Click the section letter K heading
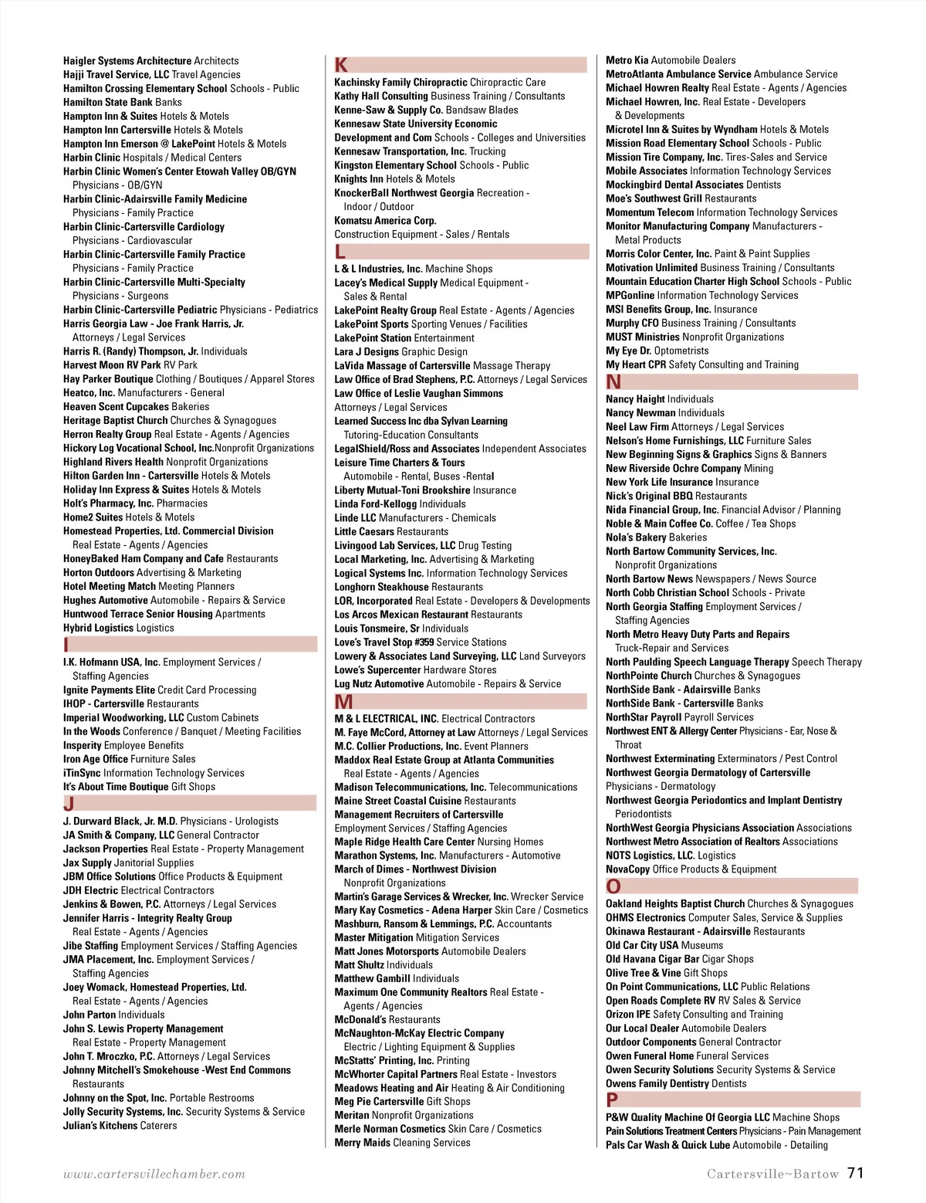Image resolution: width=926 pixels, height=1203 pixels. click(x=341, y=65)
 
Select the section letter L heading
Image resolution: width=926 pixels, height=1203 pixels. click(x=340, y=252)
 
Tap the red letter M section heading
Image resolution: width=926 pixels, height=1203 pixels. click(x=343, y=701)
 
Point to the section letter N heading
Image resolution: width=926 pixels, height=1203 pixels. click(x=613, y=381)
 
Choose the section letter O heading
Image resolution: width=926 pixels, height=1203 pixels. click(x=613, y=886)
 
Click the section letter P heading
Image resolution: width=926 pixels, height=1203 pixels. click(x=612, y=1100)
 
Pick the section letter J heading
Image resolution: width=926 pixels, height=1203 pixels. click(x=69, y=804)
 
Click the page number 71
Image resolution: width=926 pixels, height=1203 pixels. click(x=855, y=1173)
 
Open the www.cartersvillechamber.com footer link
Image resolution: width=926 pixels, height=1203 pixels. click(x=154, y=1174)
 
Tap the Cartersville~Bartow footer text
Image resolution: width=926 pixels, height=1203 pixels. click(x=772, y=1174)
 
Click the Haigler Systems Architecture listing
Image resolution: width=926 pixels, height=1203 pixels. click(x=150, y=61)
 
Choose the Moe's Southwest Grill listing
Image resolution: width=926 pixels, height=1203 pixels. click(x=681, y=198)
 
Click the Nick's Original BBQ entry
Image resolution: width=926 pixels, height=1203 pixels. click(x=676, y=496)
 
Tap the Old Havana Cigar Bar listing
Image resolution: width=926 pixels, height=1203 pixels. click(x=679, y=959)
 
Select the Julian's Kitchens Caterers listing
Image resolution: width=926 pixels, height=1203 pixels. click(x=120, y=1126)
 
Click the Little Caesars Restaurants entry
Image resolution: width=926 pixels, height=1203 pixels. click(x=390, y=532)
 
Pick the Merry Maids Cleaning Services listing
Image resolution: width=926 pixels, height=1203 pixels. click(x=402, y=1143)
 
